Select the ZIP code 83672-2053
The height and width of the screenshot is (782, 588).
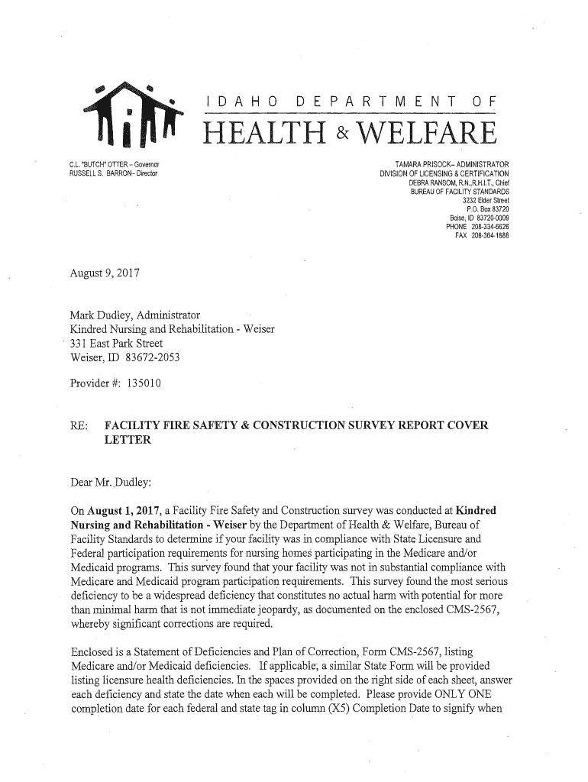[148, 358]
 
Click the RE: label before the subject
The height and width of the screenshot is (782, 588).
[78, 425]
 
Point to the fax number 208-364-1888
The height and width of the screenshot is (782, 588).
[489, 234]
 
